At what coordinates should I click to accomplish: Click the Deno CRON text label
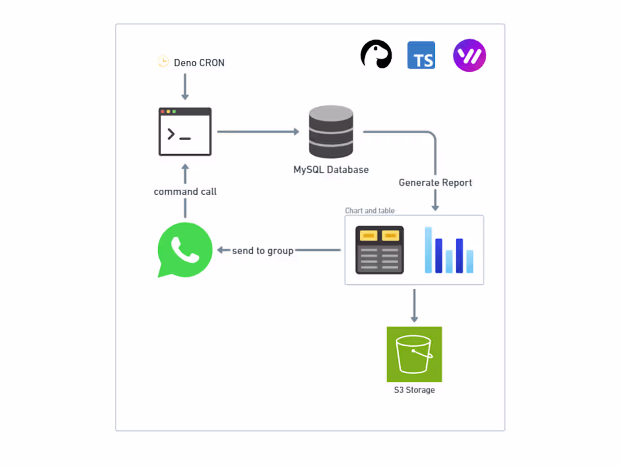click(199, 63)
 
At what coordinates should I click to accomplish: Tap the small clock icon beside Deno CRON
click(163, 62)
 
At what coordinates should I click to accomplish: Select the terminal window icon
click(185, 132)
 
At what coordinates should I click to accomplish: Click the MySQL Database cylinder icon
click(331, 132)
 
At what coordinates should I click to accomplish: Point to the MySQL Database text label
click(331, 169)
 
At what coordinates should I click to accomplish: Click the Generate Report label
click(435, 182)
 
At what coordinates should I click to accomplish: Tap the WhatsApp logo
click(185, 250)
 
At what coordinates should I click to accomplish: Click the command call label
click(185, 191)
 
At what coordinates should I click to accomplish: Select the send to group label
click(263, 250)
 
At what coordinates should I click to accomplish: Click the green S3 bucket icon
click(414, 354)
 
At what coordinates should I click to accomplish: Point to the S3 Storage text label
click(414, 390)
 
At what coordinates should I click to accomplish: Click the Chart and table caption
click(370, 211)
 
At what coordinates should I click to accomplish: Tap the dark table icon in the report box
click(379, 250)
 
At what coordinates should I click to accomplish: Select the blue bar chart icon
click(449, 250)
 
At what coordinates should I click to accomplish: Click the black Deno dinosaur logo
click(377, 55)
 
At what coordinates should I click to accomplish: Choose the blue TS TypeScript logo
click(421, 55)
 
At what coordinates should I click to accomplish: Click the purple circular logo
click(469, 55)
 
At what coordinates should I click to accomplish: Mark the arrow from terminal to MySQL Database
click(258, 132)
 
